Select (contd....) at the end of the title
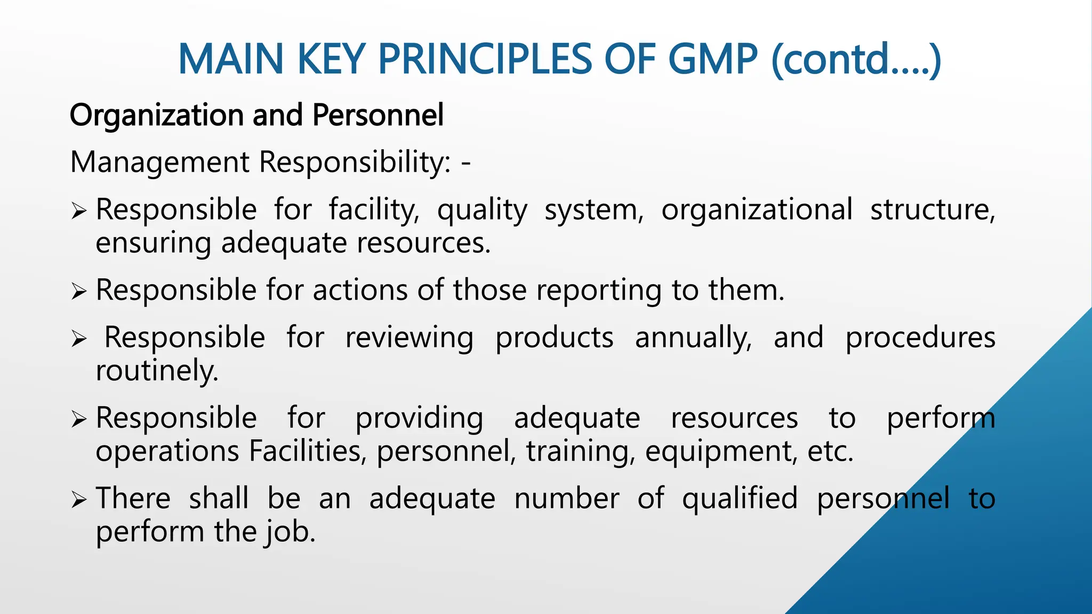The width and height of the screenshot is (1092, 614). point(856,60)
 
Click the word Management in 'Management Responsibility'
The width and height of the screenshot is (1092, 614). point(159,162)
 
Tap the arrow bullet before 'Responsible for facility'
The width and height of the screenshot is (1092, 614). point(78,212)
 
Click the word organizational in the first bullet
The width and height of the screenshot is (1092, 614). point(757,209)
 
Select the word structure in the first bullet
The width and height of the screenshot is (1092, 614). point(932,209)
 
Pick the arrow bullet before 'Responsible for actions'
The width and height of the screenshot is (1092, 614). point(78,292)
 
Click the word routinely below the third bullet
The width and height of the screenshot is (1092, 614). point(157,371)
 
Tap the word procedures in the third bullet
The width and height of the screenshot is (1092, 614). point(920,338)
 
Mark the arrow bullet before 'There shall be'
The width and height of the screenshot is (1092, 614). point(78,500)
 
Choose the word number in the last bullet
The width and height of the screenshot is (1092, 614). point(566,499)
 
